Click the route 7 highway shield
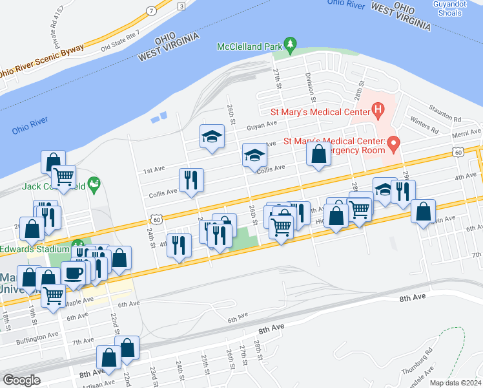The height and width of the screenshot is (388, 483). tap(150, 11)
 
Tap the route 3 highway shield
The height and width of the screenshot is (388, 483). tap(181, 6)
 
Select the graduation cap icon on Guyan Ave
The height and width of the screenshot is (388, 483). tap(211, 136)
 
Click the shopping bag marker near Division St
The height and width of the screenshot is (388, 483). tap(318, 155)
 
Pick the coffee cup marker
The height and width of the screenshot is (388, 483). tap(73, 272)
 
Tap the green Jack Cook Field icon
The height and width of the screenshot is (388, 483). tap(94, 185)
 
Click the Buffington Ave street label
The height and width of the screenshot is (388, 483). tap(37, 338)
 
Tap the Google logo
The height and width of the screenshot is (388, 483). tap(21, 380)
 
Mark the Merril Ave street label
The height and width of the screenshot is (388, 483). tap(467, 132)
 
